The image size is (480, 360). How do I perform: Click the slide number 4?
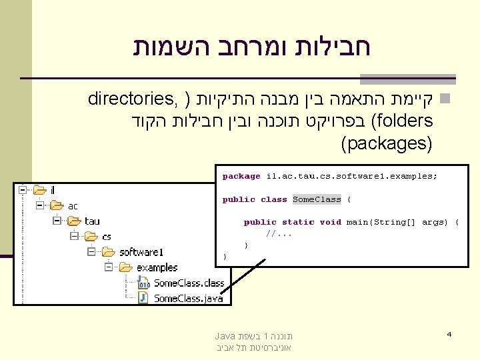click(x=450, y=333)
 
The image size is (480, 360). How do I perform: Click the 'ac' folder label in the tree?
click(x=73, y=206)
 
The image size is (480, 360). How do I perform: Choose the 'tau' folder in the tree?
click(x=92, y=221)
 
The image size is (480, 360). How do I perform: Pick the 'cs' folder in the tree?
click(x=107, y=237)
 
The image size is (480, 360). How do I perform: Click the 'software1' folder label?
click(x=141, y=252)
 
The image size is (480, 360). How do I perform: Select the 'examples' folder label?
click(x=157, y=267)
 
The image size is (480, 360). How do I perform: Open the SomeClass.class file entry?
click(x=189, y=283)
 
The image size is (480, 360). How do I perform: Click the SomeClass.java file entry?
click(x=188, y=298)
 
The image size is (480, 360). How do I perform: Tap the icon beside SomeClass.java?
click(x=143, y=298)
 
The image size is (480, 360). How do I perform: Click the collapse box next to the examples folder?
click(x=107, y=267)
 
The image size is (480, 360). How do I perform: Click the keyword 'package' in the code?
click(x=241, y=177)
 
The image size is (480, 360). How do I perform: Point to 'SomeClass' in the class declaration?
click(x=317, y=199)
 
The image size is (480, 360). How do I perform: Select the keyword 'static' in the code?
click(x=297, y=222)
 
